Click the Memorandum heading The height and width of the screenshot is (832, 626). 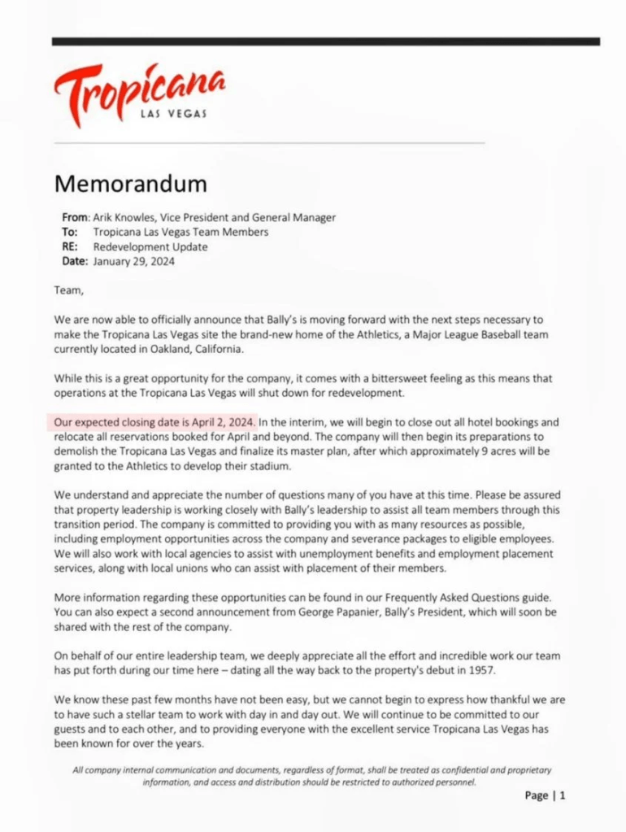pos(130,183)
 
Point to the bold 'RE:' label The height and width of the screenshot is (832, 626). pos(71,247)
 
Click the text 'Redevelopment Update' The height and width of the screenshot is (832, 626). pos(150,247)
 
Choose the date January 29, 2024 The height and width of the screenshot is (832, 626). pos(133,262)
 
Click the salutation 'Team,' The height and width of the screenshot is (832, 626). pos(68,289)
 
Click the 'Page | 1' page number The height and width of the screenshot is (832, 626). pos(545,796)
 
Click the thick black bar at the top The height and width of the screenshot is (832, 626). pos(325,41)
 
